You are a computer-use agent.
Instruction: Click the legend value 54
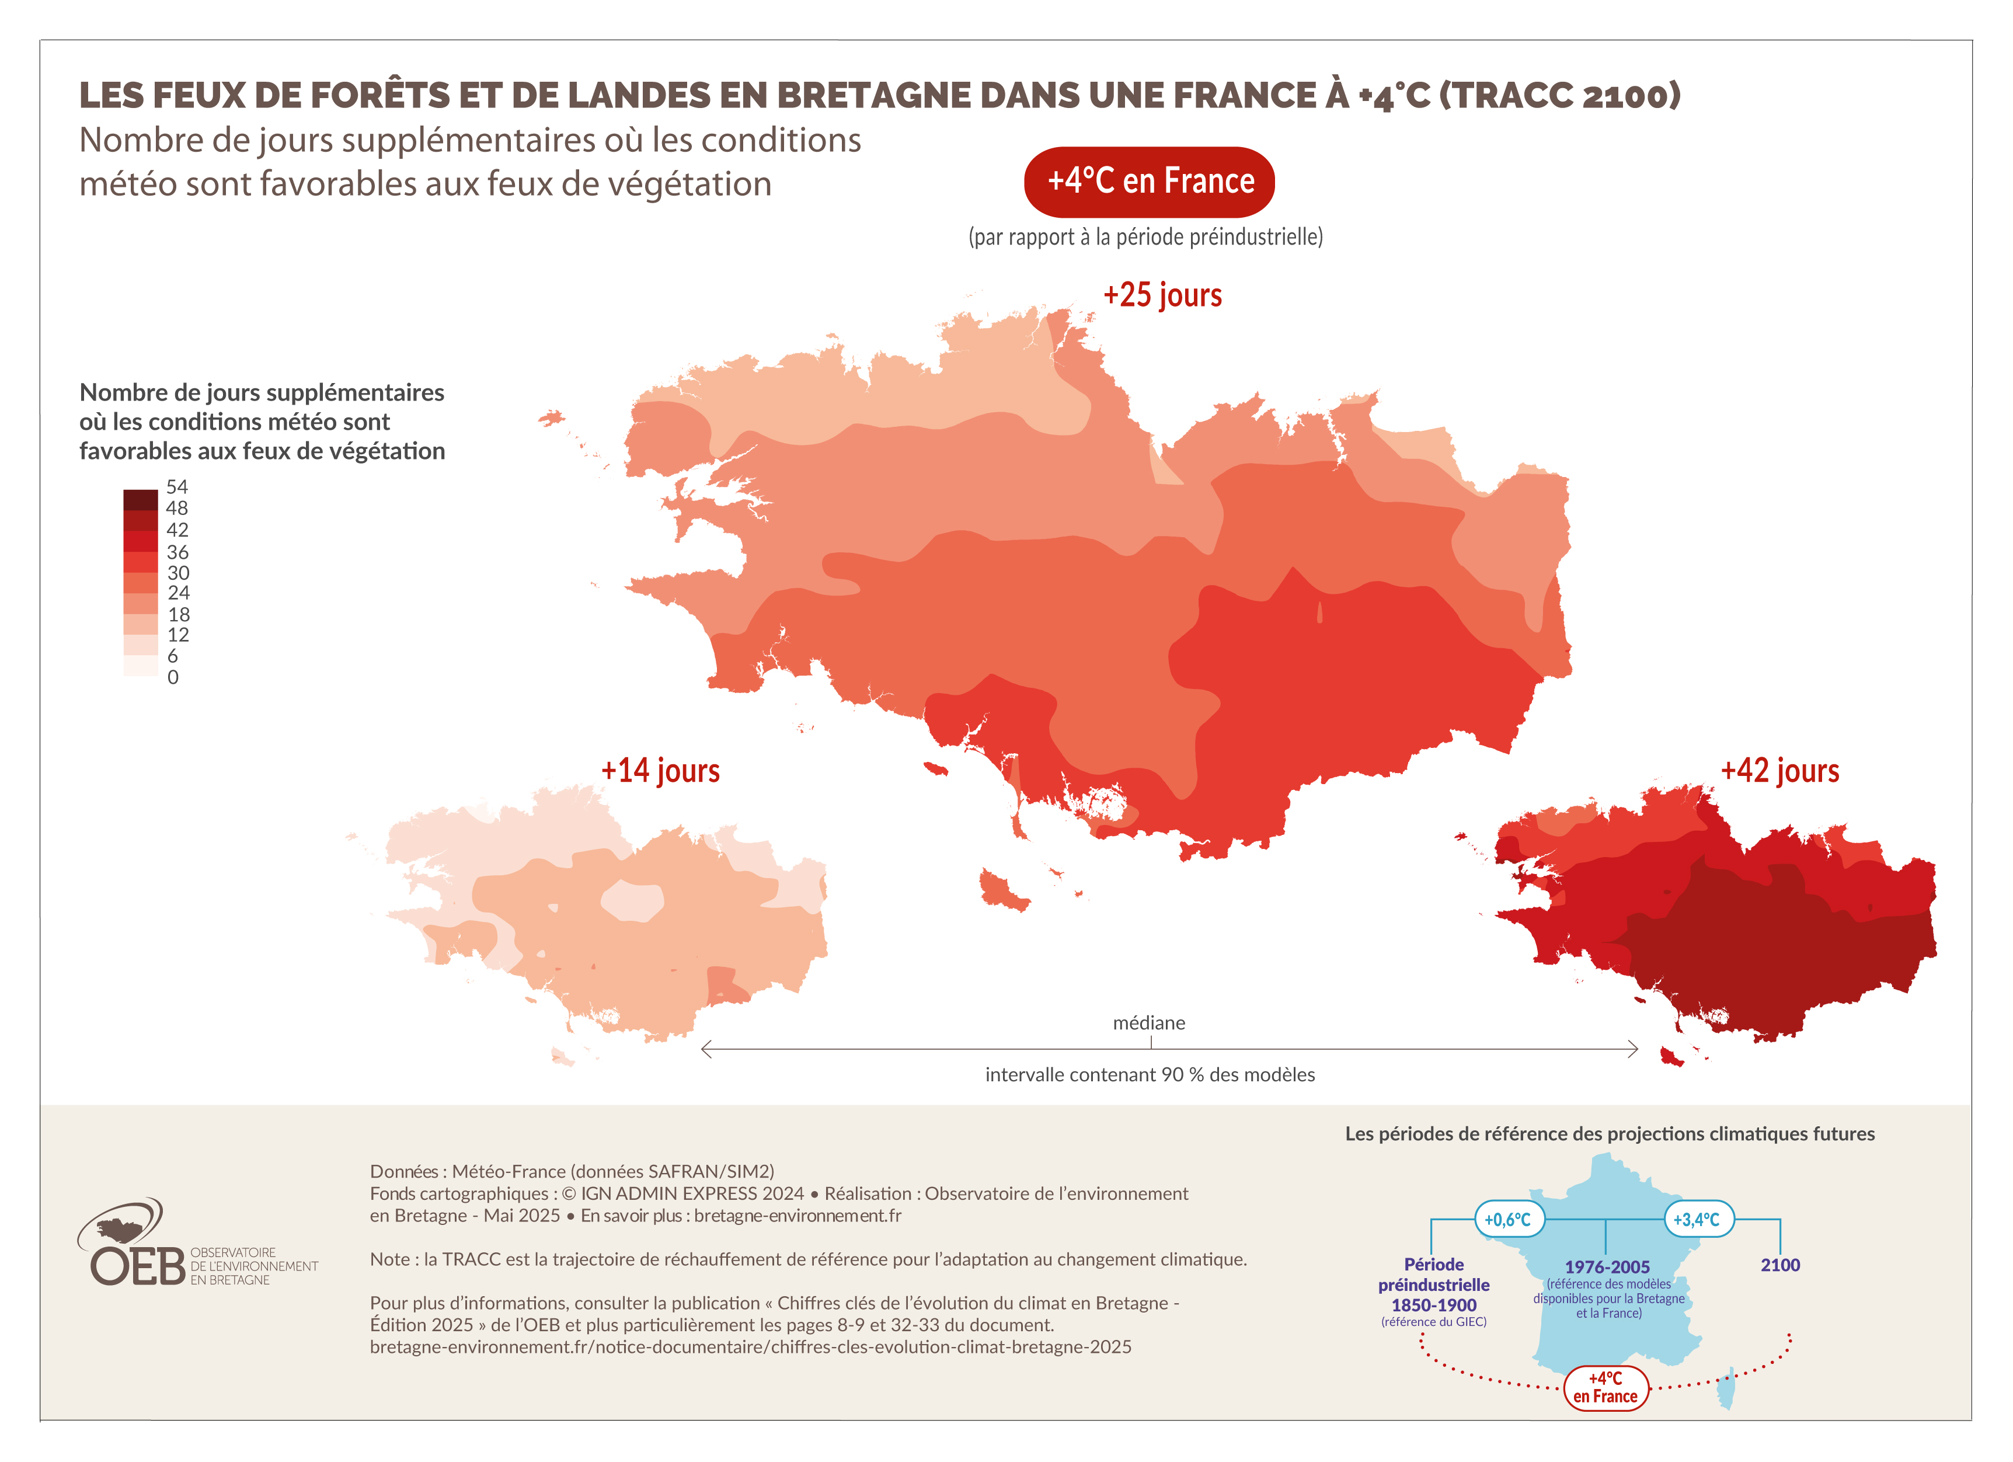pyautogui.click(x=177, y=486)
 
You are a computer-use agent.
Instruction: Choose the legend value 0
pyautogui.click(x=173, y=677)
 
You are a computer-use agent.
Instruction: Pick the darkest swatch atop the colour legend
pyautogui.click(x=140, y=499)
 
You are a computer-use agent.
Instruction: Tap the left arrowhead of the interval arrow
pyautogui.click(x=706, y=1049)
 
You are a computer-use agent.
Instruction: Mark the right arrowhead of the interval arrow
pyautogui.click(x=1633, y=1049)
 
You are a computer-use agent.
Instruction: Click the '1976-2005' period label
pyautogui.click(x=1607, y=1267)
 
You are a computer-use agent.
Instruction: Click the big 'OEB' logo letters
pyautogui.click(x=138, y=1267)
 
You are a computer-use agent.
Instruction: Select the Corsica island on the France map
pyautogui.click(x=1726, y=1389)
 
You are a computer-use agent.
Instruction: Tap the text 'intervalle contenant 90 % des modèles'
pyautogui.click(x=1150, y=1075)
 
